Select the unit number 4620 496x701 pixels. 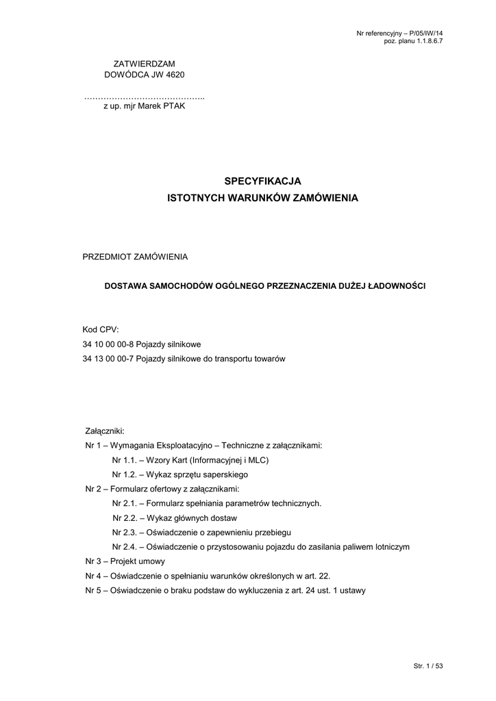tap(174, 74)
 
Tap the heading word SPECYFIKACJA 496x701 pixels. tap(263, 181)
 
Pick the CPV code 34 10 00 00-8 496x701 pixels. tap(108, 344)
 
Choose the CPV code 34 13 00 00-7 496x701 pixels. tap(108, 359)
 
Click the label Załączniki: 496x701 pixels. tap(104, 431)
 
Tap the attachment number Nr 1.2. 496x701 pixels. tap(123, 474)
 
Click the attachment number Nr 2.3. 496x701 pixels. tap(123, 532)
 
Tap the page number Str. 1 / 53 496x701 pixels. tap(429, 665)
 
